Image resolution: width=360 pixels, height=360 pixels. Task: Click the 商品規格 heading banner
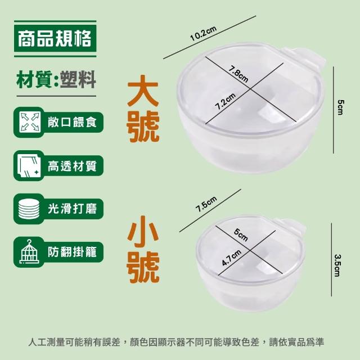pyautogui.click(x=55, y=39)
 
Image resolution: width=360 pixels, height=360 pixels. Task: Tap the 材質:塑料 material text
pyautogui.click(x=56, y=79)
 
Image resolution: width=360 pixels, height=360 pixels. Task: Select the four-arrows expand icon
pyautogui.click(x=29, y=122)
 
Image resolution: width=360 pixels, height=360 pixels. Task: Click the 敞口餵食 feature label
pyautogui.click(x=72, y=122)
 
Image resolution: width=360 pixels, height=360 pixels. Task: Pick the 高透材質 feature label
pyautogui.click(x=72, y=166)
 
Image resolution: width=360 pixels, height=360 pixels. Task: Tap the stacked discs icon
pyautogui.click(x=29, y=209)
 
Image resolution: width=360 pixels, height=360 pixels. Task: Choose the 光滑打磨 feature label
pyautogui.click(x=72, y=209)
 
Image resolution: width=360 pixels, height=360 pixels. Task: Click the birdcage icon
pyautogui.click(x=29, y=251)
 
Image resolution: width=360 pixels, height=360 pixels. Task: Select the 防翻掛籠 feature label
pyautogui.click(x=72, y=252)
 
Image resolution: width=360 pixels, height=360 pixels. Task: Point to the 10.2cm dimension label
pyautogui.click(x=204, y=34)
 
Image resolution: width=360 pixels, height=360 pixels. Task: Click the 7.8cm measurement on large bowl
pyautogui.click(x=238, y=74)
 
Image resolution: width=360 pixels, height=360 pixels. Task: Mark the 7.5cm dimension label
pyautogui.click(x=206, y=204)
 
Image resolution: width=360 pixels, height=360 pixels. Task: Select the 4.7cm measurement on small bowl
pyautogui.click(x=232, y=258)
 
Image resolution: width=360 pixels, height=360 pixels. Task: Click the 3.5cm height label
pyautogui.click(x=337, y=265)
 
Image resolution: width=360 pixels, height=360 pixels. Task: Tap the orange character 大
pyautogui.click(x=143, y=91)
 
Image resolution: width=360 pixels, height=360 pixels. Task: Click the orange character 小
pyautogui.click(x=143, y=232)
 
